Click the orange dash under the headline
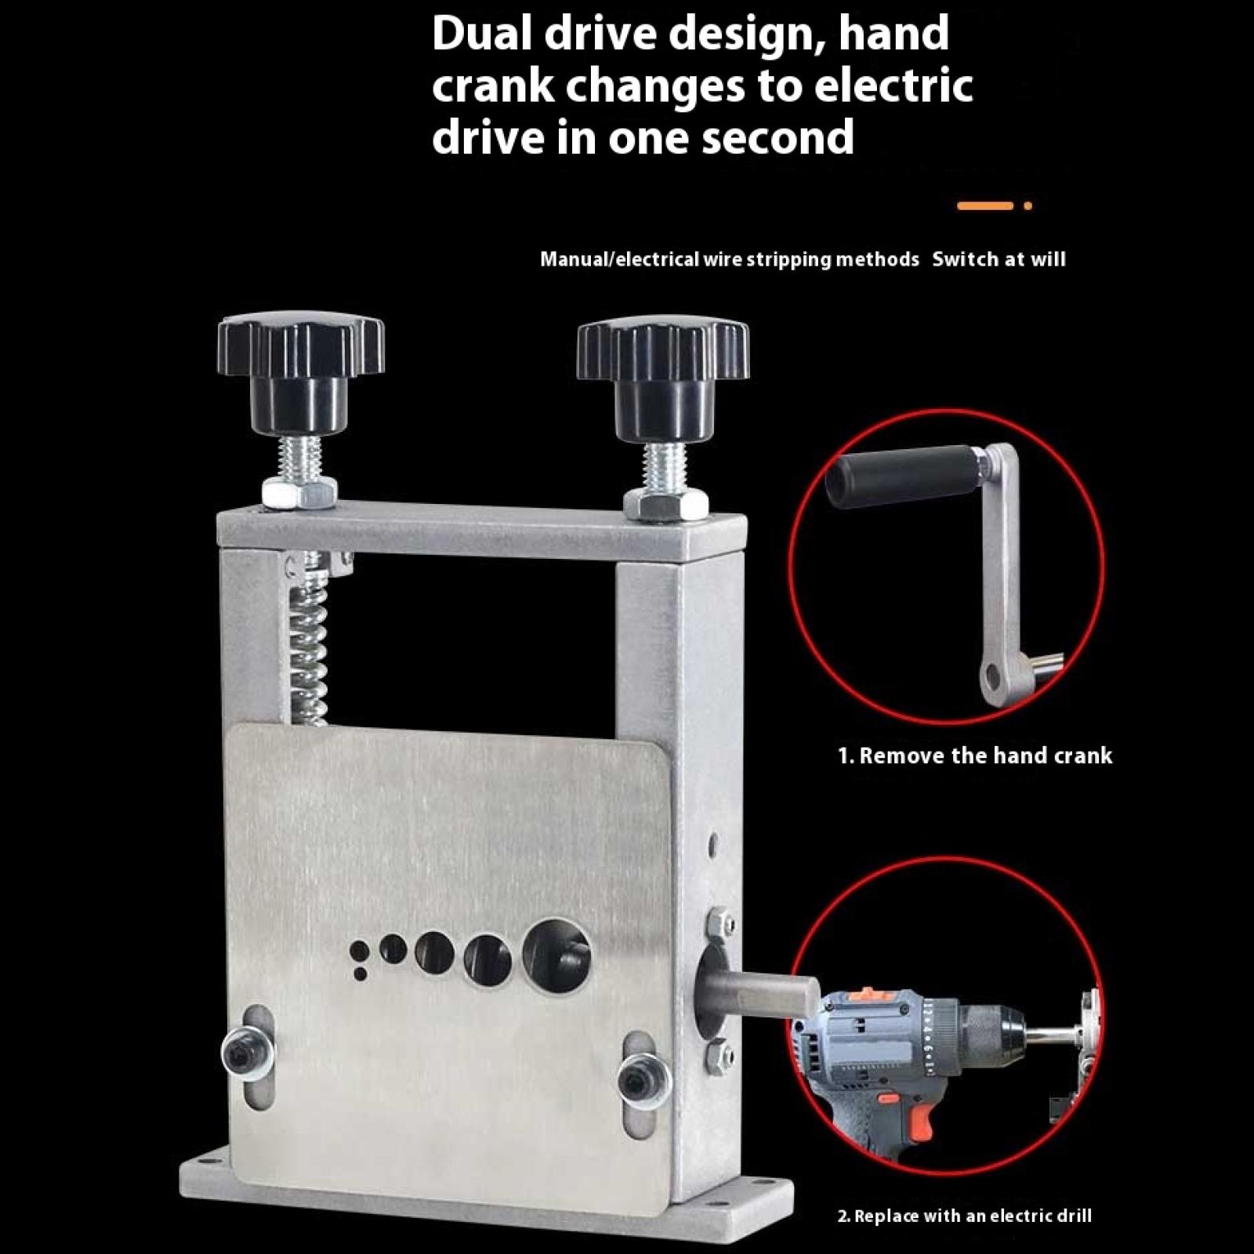click(985, 206)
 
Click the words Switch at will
click(998, 259)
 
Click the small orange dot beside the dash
click(1027, 206)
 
